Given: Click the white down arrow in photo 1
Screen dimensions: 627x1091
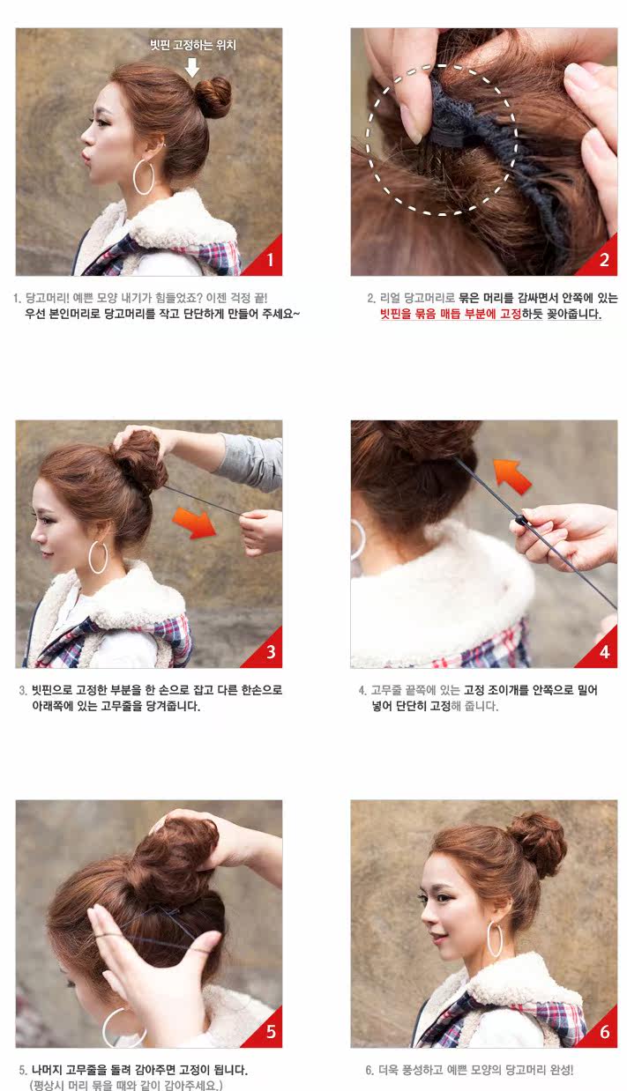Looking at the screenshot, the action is tap(192, 67).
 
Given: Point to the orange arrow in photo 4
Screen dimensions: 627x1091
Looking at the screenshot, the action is tap(512, 477).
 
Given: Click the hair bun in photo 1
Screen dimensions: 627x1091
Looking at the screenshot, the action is tap(213, 98).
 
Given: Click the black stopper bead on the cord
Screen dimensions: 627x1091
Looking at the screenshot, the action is tap(519, 520).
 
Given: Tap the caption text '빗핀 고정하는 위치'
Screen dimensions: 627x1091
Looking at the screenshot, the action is tap(193, 45).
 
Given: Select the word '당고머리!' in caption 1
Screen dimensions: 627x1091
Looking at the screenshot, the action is tap(48, 298).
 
